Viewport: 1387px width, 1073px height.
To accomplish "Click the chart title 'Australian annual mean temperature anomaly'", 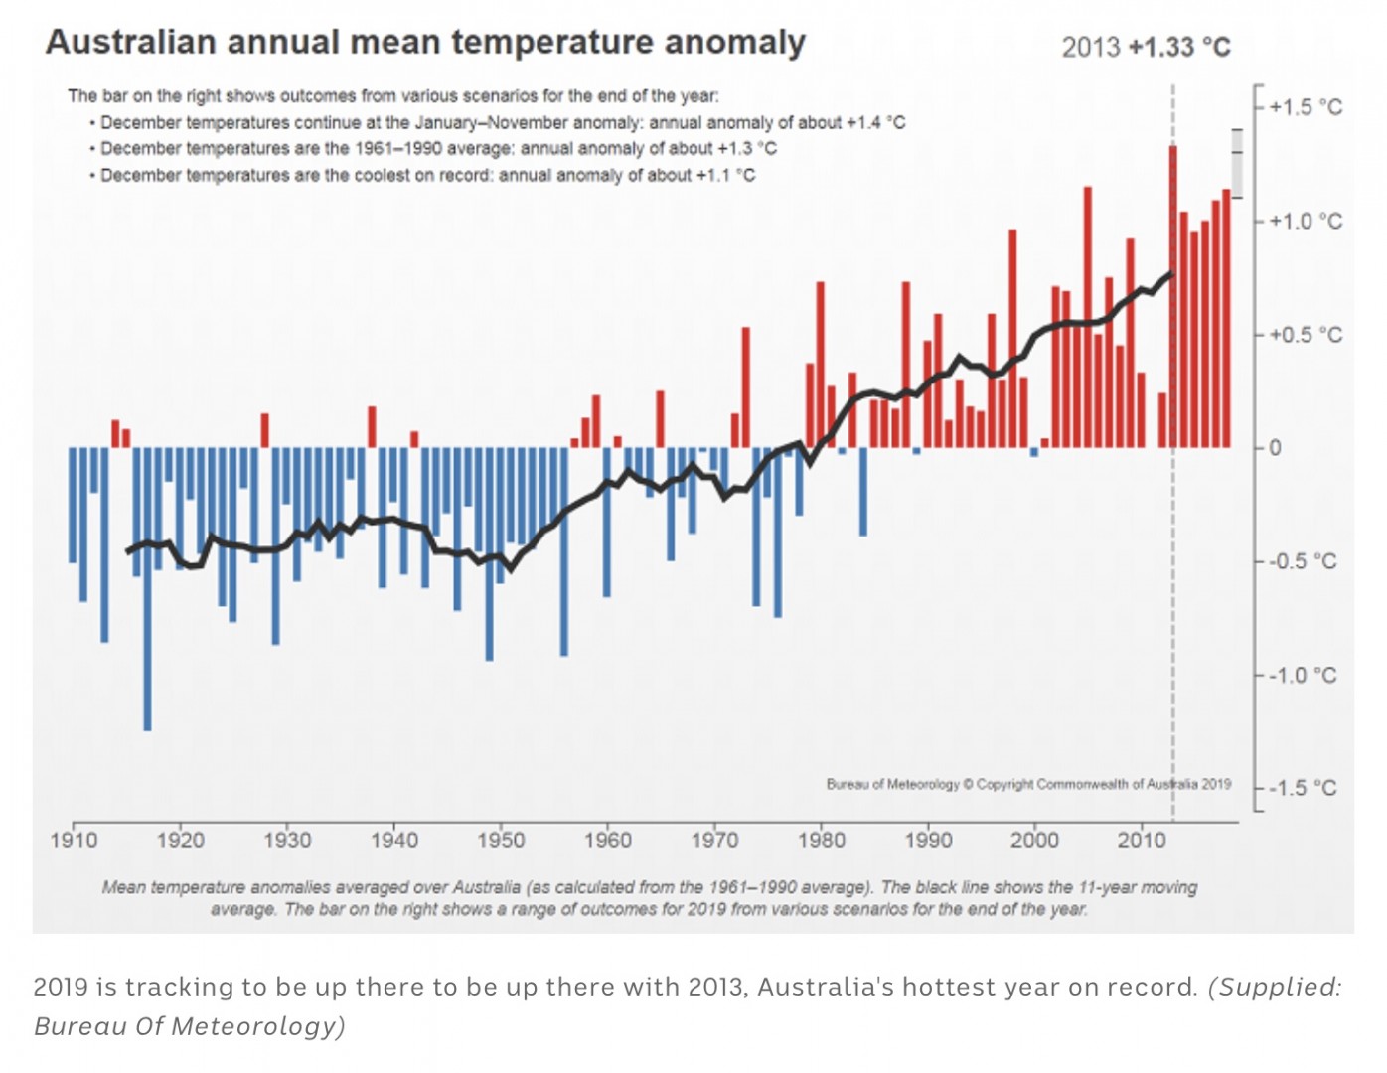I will click(x=425, y=43).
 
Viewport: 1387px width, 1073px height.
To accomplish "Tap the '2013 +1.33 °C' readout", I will click(x=1146, y=47).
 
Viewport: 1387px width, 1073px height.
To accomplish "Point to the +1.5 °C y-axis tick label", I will click(x=1305, y=107).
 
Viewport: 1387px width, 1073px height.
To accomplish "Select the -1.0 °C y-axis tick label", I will click(x=1304, y=676).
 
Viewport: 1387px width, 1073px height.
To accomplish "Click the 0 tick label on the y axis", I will click(x=1276, y=448).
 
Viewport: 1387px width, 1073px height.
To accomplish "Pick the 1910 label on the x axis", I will click(x=74, y=841).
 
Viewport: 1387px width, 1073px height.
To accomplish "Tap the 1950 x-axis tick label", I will click(x=501, y=841).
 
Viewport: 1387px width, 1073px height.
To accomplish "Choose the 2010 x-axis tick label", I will click(x=1142, y=841).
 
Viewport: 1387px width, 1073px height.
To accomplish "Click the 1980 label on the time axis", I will click(x=822, y=841).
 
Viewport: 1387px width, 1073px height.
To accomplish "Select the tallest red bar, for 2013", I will click(x=1173, y=298).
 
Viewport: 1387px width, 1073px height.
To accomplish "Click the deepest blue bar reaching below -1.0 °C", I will click(x=147, y=596).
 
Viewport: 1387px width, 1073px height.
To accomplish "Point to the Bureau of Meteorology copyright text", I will click(x=1028, y=784).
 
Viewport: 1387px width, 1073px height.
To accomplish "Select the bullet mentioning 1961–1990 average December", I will click(x=438, y=149).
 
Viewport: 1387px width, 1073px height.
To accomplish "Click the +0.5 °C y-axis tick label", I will click(x=1305, y=335).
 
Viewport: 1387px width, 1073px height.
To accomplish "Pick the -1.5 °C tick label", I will click(x=1304, y=789).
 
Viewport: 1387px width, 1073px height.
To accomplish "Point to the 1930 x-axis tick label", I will click(x=287, y=841).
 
